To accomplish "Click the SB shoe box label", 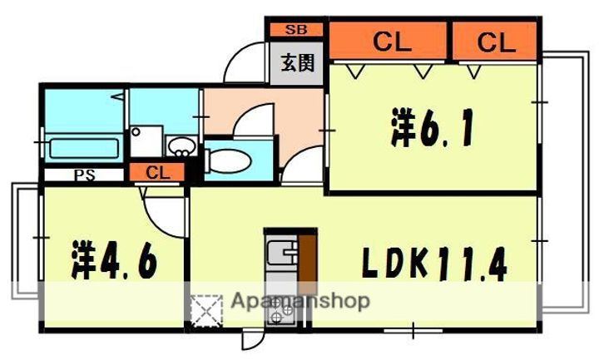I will coord(295,30).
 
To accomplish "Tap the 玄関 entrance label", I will coord(296,63).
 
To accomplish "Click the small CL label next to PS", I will coord(158,174).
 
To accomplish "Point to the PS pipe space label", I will coord(84,175).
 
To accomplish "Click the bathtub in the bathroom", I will coord(83,150).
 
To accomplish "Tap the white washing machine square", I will coord(146,141).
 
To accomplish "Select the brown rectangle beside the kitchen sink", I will coord(308,257).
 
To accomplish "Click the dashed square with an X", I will coord(207,312).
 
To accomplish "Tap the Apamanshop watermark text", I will coord(299,301).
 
